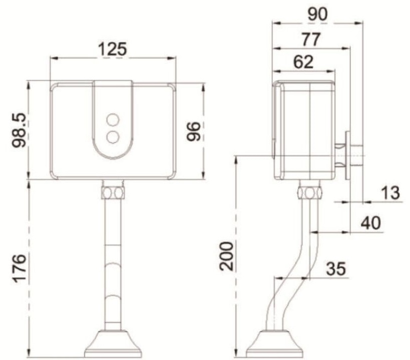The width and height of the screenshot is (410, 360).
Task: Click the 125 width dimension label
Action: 113,49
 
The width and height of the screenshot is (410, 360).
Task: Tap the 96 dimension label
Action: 194,131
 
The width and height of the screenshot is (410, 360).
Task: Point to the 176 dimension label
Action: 20,268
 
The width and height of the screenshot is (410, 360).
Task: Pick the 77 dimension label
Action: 311,39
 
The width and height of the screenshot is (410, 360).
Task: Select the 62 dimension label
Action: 302,62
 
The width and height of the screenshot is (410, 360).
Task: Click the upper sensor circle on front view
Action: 113,119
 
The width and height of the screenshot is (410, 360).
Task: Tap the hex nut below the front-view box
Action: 113,191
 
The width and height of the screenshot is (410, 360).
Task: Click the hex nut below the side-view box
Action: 309,192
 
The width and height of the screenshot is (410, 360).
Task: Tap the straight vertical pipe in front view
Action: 113,265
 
